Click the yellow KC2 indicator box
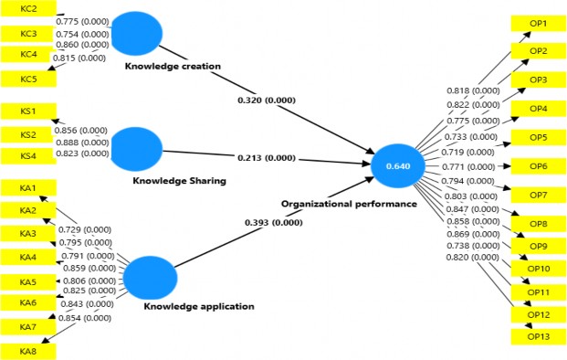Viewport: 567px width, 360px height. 27,8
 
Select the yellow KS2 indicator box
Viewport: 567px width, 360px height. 27,135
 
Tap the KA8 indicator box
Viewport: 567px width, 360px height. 27,350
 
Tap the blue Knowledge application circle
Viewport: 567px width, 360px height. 148,278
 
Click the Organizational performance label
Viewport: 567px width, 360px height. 349,204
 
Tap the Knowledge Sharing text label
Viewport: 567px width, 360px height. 179,181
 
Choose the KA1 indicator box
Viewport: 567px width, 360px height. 27,188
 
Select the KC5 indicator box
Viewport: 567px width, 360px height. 27,79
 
